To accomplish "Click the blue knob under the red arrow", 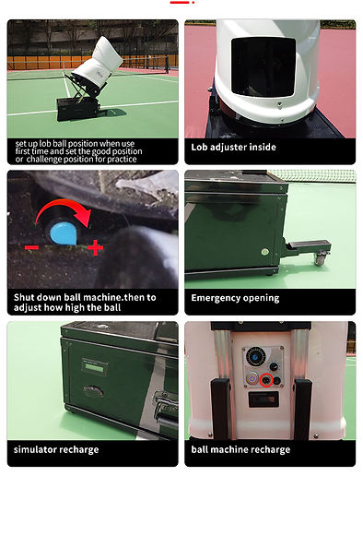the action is [x=64, y=232].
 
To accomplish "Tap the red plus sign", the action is [x=95, y=247].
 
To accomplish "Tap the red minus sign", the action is [x=31, y=247].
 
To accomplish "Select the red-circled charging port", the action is [x=266, y=380].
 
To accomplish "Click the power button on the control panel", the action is [x=252, y=379].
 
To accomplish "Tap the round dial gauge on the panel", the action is [x=255, y=357].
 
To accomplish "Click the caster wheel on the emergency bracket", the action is [x=320, y=259].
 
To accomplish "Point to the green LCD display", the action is [x=94, y=368].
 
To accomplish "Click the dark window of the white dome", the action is [x=263, y=66].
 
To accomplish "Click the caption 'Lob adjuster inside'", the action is [x=234, y=148].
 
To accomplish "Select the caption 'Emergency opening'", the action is [x=235, y=298].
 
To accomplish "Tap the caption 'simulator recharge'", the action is [x=56, y=449].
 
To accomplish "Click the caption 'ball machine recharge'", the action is [x=240, y=449].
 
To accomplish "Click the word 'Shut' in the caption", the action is [x=24, y=297].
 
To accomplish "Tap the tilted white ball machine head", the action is [x=99, y=63].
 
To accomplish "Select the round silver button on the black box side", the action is [x=264, y=252].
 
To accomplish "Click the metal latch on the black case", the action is [x=165, y=408].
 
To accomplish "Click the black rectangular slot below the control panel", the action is [x=263, y=399].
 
